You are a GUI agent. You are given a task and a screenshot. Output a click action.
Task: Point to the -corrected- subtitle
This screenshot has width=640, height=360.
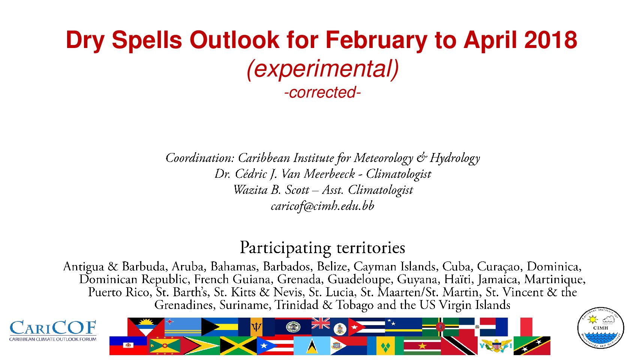pos(322,92)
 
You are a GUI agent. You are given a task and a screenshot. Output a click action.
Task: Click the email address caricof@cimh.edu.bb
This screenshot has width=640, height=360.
pos(322,206)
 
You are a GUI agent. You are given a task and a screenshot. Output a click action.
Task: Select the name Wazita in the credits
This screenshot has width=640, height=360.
pos(250,190)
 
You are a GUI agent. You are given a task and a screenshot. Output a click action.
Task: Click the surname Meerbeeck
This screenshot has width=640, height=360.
pos(330,174)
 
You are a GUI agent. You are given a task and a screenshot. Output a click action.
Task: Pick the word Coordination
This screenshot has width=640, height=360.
pos(200,158)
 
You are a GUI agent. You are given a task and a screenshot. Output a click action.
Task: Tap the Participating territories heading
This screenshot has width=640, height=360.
pos(322,248)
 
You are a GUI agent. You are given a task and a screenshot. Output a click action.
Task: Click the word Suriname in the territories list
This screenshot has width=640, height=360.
pos(244,305)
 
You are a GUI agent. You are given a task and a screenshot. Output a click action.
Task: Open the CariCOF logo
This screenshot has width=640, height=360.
pos(53,331)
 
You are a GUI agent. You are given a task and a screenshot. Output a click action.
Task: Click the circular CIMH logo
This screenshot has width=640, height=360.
pos(601,328)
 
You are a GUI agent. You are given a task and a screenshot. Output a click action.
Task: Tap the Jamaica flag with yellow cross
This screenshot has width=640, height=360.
pos(238,345)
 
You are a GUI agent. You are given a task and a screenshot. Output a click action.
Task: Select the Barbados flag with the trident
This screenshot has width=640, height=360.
pos(256,327)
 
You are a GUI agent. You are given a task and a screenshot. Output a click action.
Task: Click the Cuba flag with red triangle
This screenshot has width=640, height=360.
pos(367,327)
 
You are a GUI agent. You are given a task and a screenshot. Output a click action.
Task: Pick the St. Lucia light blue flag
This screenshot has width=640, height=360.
pos(312,345)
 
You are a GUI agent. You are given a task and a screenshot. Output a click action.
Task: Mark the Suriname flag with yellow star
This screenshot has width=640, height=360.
pos(422,345)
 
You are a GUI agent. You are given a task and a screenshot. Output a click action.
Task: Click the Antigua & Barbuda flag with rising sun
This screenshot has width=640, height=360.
pos(146,327)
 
